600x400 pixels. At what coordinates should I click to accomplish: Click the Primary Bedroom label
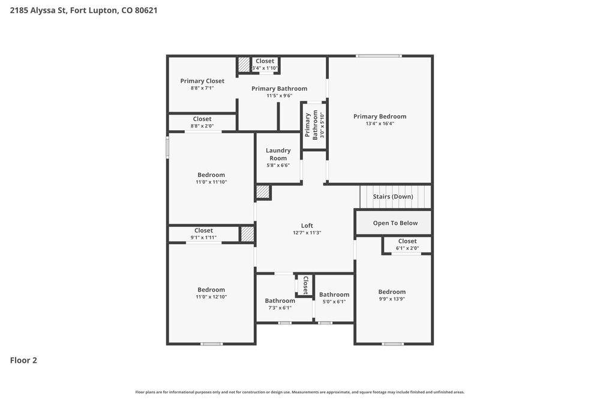coord(380,116)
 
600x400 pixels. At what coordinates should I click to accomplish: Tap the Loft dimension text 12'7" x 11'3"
coord(307,233)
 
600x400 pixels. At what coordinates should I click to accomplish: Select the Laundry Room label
coord(278,154)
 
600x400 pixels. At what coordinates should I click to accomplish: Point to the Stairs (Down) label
coord(393,197)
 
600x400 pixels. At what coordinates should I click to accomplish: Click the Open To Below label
coord(395,223)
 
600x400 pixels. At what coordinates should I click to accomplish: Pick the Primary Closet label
coord(202,81)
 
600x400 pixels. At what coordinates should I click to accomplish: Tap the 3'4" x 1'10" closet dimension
coord(265,68)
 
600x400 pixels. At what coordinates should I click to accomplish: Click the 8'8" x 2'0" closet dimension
coord(202,126)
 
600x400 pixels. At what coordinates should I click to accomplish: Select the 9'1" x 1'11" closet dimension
coord(203,237)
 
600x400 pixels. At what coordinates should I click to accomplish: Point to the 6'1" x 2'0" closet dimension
coord(407,248)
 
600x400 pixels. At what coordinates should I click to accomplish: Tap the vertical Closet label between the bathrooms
coord(305,285)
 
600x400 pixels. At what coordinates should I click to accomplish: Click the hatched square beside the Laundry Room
coord(263,192)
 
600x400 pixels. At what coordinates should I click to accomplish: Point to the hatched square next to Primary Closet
coord(243,64)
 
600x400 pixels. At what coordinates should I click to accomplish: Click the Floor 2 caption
coord(23,360)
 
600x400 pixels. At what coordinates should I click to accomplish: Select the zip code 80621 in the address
coord(146,10)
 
